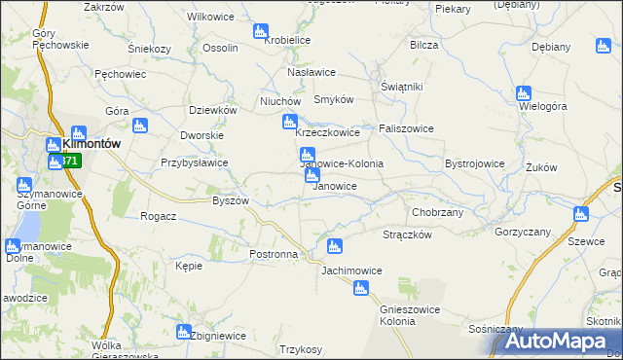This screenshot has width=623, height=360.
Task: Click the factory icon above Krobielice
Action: point(259,32)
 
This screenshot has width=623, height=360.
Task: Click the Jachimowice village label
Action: point(350,270)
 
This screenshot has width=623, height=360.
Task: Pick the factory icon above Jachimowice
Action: point(335,247)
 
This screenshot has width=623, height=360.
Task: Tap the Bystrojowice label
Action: point(474,164)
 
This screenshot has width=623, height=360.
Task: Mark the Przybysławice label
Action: point(195,163)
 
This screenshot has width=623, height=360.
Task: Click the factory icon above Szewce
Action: point(581,214)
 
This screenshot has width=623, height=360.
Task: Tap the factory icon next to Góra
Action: point(138,126)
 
